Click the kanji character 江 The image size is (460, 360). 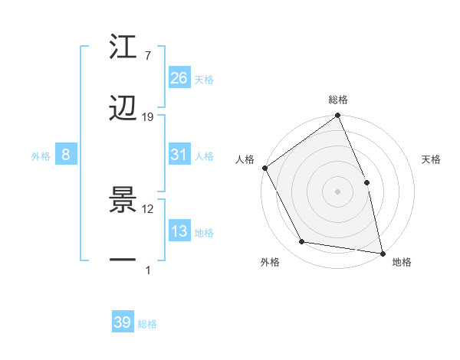tap(123, 50)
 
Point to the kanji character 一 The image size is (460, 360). tap(123, 261)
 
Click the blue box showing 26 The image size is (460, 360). tap(179, 78)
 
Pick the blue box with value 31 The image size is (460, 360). tap(179, 155)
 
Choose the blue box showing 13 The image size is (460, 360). tap(179, 231)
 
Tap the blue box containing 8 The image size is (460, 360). tap(66, 155)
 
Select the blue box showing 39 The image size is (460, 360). tap(123, 322)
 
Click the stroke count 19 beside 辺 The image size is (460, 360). tap(148, 117)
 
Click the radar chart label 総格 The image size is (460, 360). tap(338, 100)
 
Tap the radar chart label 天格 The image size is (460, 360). tap(431, 160)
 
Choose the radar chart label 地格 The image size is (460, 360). tap(402, 263)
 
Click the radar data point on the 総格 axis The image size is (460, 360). tap(338, 116)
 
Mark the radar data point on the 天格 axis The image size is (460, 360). tap(366, 182)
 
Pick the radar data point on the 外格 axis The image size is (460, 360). tap(302, 242)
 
